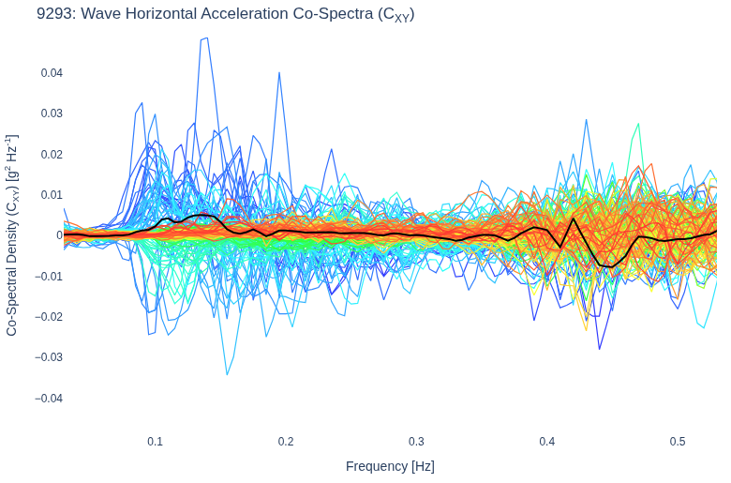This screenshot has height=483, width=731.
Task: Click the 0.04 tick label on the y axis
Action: pos(52,73)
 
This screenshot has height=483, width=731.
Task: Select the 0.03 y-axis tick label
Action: pos(52,113)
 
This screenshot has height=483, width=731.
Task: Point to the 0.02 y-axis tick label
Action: pos(52,154)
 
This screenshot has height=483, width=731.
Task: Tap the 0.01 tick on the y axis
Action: pos(52,194)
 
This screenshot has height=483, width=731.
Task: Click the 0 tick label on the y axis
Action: pos(60,235)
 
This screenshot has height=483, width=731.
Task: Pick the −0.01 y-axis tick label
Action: pos(49,276)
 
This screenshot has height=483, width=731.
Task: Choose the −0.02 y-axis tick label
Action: pos(49,316)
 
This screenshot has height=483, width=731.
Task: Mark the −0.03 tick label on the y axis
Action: pos(49,357)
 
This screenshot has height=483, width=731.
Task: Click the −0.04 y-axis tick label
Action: pos(49,398)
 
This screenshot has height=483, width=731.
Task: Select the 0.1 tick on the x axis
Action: pos(156,442)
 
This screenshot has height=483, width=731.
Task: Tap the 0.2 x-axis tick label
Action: pos(286,442)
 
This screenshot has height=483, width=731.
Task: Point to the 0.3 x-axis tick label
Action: pos(416,442)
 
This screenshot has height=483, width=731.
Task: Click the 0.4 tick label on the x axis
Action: pos(547,442)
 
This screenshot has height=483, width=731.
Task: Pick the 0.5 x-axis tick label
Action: pos(678,442)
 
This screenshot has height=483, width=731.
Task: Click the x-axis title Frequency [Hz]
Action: pos(390,466)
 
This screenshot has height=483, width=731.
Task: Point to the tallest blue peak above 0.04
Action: pos(205,38)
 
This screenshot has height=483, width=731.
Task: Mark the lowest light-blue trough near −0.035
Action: pos(227,374)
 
